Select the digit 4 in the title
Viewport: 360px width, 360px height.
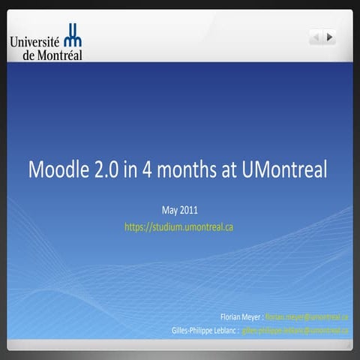click(151, 169)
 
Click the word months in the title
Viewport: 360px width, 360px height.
click(187, 169)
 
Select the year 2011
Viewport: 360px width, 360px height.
click(189, 209)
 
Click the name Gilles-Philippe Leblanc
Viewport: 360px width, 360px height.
click(205, 329)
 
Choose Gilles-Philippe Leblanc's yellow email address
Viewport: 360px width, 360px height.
click(295, 329)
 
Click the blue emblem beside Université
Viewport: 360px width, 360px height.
click(73, 35)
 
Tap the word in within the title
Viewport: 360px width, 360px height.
click(133, 169)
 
